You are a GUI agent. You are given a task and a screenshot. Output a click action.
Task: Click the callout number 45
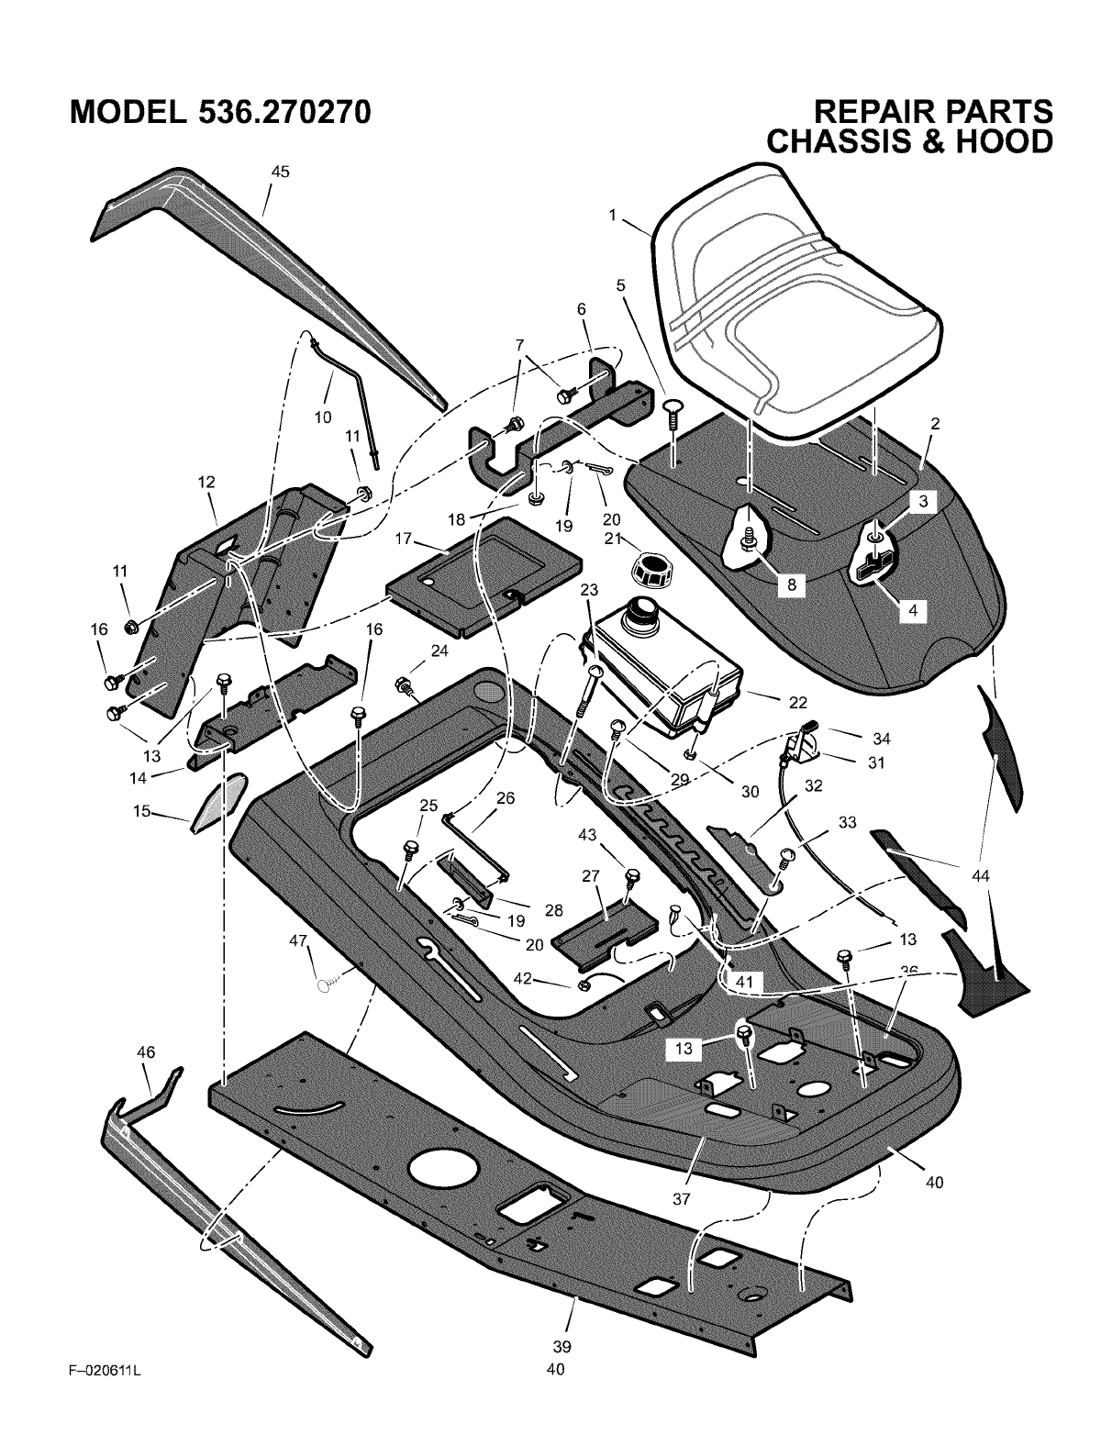click(280, 172)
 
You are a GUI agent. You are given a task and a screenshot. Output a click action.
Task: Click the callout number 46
click(146, 1052)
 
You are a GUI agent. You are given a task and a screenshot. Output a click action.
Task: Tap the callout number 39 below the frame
click(562, 1347)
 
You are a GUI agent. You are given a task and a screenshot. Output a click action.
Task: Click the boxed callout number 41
click(742, 982)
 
